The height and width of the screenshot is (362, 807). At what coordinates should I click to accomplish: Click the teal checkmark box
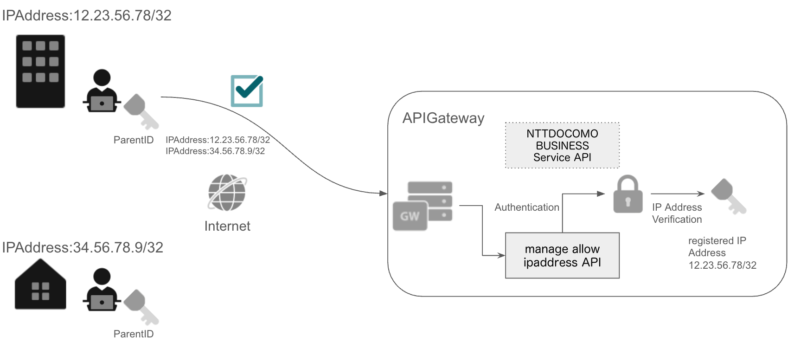247,91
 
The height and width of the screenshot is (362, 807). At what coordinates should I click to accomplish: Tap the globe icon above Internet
227,193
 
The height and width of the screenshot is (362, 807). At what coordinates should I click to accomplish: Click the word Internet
227,226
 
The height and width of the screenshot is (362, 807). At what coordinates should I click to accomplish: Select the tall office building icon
40,71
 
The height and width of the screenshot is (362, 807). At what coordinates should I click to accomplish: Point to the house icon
40,284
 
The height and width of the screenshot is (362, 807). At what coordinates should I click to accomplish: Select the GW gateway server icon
422,206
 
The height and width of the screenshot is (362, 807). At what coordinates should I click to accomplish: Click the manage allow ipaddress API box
562,256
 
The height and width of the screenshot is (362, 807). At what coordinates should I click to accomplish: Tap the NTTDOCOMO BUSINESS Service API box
562,145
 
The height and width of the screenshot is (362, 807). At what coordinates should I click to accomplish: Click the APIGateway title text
443,118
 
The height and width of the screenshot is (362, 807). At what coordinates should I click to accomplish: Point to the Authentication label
527,207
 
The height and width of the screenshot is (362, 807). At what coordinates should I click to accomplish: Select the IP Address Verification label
677,213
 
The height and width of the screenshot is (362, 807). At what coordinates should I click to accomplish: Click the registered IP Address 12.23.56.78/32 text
722,253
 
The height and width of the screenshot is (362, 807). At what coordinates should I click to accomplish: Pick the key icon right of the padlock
728,196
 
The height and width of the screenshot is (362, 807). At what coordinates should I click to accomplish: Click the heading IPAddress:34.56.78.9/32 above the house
83,247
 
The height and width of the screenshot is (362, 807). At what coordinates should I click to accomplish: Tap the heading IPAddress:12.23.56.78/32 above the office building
87,15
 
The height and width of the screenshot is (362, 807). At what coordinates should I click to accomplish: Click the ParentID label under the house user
134,334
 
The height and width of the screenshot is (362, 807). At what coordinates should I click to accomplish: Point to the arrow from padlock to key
677,194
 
